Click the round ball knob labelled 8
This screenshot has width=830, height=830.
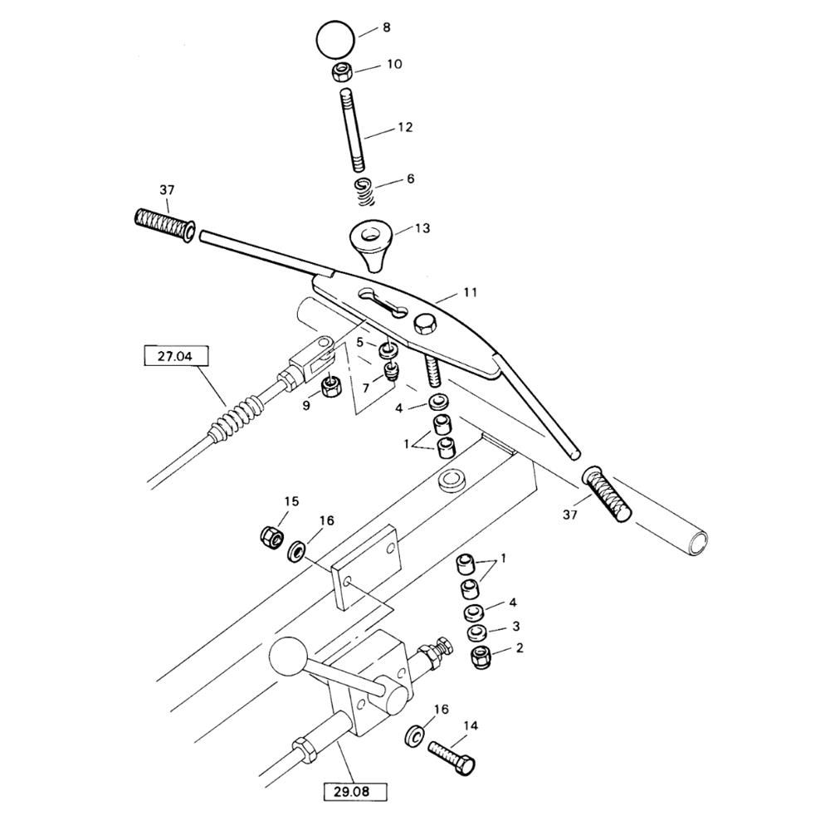[334, 39]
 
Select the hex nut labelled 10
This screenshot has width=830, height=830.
[341, 71]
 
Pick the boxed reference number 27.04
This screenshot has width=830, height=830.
[176, 356]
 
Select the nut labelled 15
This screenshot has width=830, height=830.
[271, 539]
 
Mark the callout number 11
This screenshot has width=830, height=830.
[470, 292]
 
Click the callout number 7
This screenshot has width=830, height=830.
[366, 388]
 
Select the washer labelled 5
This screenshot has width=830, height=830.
[388, 350]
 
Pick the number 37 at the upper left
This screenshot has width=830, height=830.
[167, 189]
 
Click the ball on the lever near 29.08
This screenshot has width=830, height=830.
[289, 658]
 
